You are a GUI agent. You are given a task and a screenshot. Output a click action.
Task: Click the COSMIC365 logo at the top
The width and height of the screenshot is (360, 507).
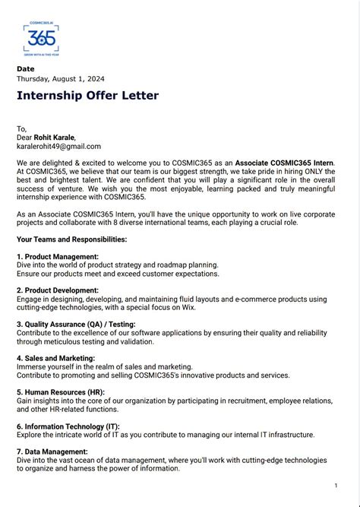point(40,40)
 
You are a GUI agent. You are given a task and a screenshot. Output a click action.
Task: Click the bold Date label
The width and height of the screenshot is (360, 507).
point(26,69)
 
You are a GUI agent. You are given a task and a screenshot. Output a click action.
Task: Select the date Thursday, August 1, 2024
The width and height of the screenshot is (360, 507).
point(61,79)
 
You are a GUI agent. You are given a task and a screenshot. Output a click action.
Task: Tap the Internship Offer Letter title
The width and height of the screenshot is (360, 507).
point(87,96)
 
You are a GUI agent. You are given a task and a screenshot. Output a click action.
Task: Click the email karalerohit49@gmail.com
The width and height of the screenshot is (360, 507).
point(58,147)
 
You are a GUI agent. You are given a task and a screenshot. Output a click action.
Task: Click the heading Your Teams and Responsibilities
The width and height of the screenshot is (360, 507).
point(71,239)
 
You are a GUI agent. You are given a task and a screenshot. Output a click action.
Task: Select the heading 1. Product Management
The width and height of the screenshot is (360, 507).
point(59,257)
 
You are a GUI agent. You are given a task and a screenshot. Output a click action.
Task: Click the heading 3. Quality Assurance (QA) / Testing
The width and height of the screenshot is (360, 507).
point(76,325)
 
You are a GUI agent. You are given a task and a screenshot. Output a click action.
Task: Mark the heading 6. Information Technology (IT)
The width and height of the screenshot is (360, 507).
point(68,426)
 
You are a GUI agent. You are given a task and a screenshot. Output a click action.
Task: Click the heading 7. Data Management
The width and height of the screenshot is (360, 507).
point(52,452)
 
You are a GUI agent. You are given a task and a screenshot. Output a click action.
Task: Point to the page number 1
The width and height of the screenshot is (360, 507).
point(336,485)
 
